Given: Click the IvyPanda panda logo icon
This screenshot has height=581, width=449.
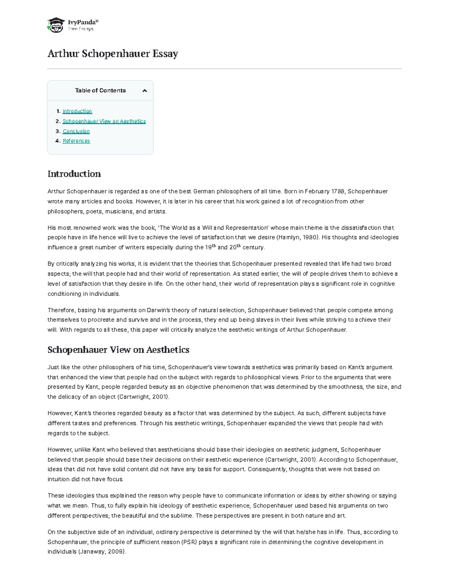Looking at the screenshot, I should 55,25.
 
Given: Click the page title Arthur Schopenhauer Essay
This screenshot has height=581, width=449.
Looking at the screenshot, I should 112,54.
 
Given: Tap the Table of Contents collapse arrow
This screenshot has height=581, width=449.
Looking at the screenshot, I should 145,91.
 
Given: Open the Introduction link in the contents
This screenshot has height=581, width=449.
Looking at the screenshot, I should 77,111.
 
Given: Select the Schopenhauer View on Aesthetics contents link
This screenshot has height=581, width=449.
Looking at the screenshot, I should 104,121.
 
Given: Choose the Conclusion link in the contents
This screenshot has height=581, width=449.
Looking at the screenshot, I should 76,131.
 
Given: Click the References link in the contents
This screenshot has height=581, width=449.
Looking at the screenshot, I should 76,141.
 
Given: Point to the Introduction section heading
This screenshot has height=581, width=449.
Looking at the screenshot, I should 74,174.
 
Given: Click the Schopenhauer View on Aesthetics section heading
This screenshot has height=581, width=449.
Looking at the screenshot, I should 118,350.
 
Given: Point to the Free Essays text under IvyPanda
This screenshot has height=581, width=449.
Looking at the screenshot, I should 80,29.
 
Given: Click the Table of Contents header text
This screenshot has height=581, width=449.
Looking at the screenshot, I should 100,91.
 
